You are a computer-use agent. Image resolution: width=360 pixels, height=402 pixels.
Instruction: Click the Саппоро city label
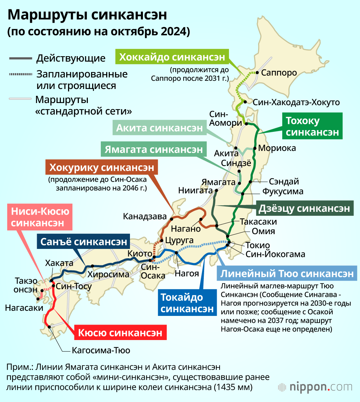click(279, 73)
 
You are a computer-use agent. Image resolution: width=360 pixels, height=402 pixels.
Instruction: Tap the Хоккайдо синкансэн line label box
click(172, 57)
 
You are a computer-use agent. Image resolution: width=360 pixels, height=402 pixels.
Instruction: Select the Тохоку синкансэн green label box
click(312, 127)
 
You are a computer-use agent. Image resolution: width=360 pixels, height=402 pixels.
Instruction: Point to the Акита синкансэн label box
click(159, 128)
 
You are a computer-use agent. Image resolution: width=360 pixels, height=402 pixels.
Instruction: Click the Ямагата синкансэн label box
click(154, 149)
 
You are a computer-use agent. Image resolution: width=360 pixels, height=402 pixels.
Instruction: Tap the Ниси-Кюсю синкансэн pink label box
click(40, 217)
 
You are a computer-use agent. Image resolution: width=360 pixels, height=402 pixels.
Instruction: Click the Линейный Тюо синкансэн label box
click(287, 274)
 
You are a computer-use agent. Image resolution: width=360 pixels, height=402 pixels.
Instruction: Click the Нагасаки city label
click(22, 308)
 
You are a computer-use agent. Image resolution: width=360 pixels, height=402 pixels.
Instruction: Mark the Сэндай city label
click(284, 182)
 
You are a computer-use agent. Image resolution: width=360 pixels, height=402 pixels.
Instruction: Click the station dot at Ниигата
click(216, 191)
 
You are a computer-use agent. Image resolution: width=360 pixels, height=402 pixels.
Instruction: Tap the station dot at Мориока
click(255, 148)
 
